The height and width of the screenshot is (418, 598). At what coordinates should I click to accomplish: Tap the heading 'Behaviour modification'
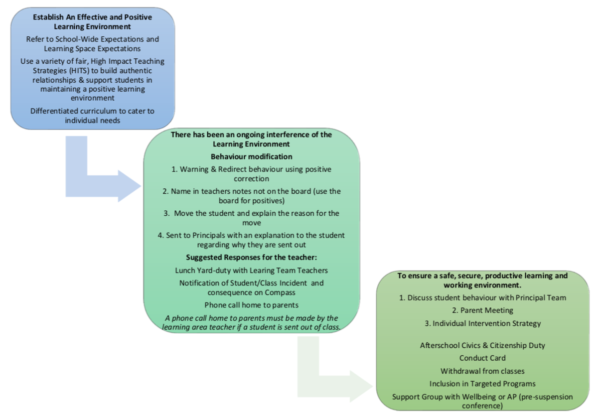click(252, 156)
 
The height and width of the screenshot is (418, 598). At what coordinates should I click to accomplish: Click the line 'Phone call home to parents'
click(252, 305)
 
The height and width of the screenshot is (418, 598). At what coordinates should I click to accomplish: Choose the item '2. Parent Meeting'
click(483, 310)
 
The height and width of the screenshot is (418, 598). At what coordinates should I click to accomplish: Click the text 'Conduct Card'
click(482, 358)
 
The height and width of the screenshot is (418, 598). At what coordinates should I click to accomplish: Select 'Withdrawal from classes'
click(482, 371)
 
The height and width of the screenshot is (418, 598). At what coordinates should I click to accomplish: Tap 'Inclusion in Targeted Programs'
click(482, 384)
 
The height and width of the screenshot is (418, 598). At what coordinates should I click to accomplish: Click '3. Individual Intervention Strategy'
click(483, 323)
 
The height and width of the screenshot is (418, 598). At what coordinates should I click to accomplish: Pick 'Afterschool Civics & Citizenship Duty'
click(482, 345)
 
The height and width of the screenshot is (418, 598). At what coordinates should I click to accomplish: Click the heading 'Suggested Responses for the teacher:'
click(252, 257)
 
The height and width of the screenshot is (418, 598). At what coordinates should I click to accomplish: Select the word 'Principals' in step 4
click(211, 236)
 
